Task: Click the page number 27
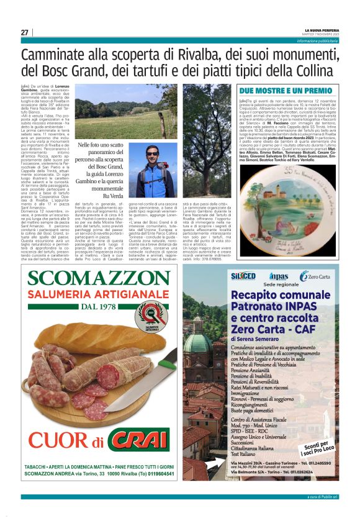click(25, 32)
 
